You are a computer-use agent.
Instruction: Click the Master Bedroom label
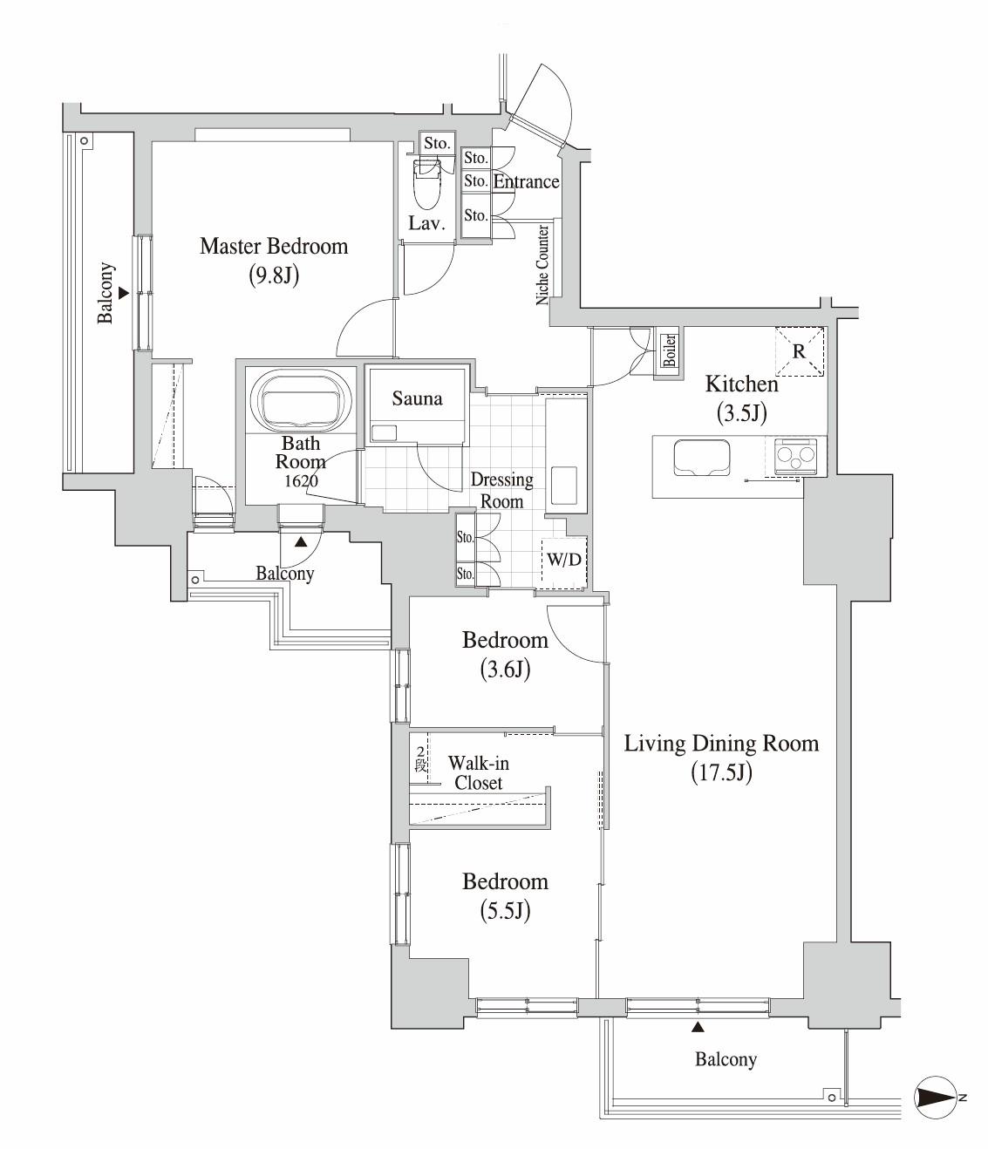tap(274, 246)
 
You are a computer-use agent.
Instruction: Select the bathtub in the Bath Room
tap(301, 401)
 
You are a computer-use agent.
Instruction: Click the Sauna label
tap(417, 398)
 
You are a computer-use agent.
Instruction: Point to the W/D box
tap(564, 562)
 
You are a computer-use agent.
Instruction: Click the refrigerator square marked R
tap(799, 351)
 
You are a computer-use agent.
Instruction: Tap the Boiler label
tap(670, 350)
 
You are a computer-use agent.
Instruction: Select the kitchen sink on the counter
tap(702, 458)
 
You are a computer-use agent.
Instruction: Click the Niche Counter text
tap(542, 265)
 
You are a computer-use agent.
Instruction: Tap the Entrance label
tap(526, 182)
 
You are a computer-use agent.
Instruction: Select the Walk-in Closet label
tap(478, 772)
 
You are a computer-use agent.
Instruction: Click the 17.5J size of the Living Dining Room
tap(722, 772)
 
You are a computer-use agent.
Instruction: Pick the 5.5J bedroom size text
tap(505, 911)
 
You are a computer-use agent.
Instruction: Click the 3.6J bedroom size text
tap(505, 670)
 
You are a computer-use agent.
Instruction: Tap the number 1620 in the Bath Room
tap(301, 481)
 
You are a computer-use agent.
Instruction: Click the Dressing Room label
tap(502, 490)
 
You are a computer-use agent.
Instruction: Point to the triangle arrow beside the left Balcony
tap(124, 293)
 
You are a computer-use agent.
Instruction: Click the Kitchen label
tap(742, 384)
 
